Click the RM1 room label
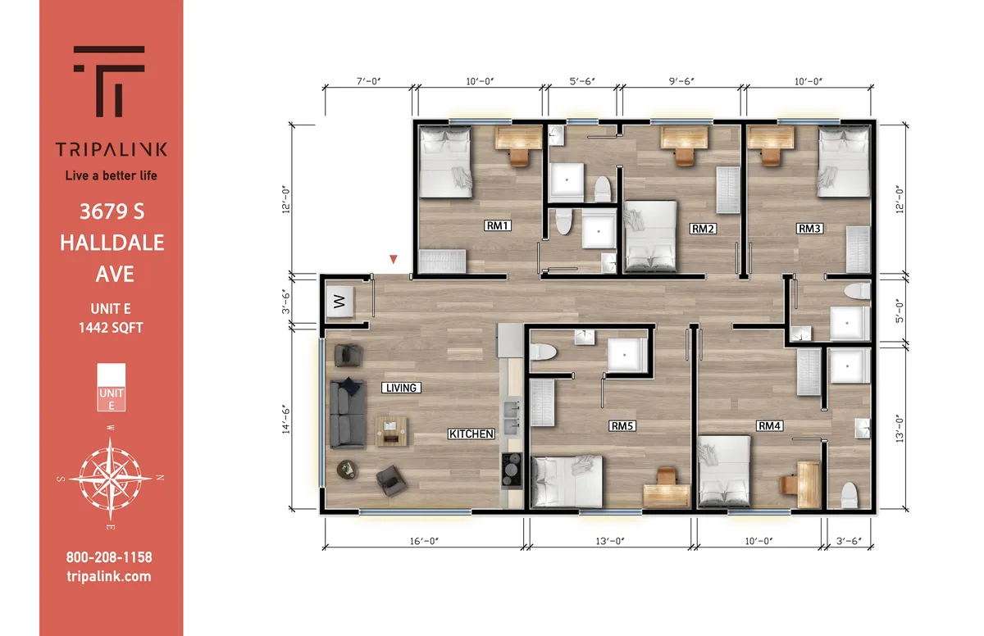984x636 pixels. coord(497,225)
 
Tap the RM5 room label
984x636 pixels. coord(622,425)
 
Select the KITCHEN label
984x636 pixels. coord(471,434)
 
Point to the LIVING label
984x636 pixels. coord(401,388)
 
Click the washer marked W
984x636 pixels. coord(339,301)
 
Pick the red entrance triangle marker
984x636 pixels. coord(394,260)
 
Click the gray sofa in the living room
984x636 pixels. coord(347,414)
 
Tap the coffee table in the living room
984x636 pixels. coord(391,432)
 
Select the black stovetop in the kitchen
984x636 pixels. coord(512,470)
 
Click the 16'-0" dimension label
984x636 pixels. coord(424,541)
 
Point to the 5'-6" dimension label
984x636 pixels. coord(582,81)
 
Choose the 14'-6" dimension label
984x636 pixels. coord(286,420)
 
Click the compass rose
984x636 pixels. coord(110,478)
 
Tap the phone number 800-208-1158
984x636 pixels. coord(109,557)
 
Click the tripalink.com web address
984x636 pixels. coord(109,576)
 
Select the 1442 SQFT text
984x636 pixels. coord(111,328)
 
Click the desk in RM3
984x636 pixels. coord(771,138)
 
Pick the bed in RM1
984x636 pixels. coord(446,162)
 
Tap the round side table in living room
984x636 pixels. coord(347,470)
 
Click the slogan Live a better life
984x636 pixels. coord(112,175)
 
